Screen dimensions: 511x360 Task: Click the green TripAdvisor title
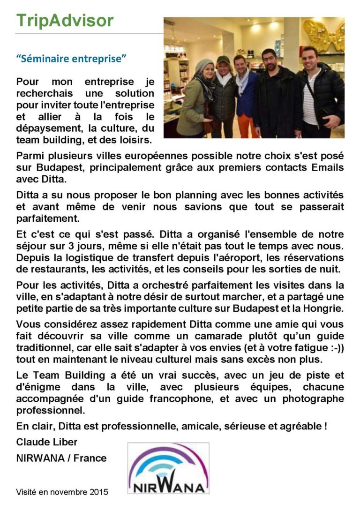tap(65, 21)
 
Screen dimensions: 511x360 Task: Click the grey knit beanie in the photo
tap(204, 65)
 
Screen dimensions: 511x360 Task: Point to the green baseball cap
tap(223, 60)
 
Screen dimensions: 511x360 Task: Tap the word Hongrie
tap(324, 308)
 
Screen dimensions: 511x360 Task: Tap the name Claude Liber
tap(47, 442)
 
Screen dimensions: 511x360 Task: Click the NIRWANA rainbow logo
tap(168, 469)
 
